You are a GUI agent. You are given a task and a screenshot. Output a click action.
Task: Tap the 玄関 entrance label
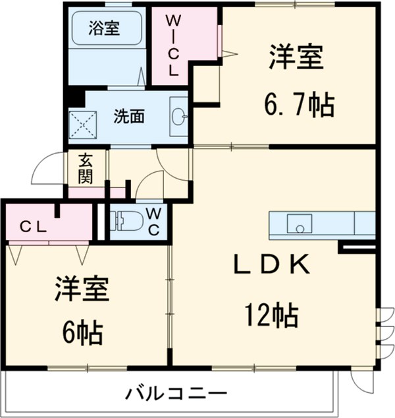(x=86, y=168)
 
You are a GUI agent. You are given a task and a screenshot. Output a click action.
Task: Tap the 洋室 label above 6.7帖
(x=296, y=57)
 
